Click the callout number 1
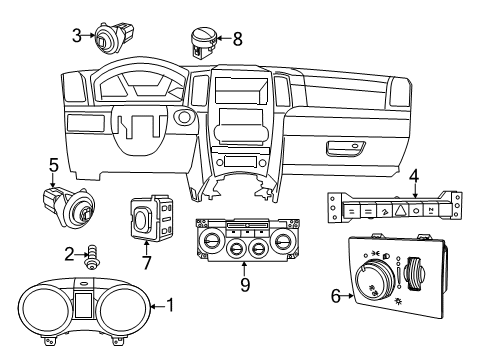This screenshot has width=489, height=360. pyautogui.click(x=169, y=306)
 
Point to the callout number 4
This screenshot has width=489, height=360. pyautogui.click(x=413, y=180)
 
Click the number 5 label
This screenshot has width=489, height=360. pyautogui.click(x=55, y=164)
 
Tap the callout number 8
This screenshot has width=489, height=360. pyautogui.click(x=237, y=40)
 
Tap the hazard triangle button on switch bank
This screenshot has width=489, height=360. pyautogui.click(x=398, y=212)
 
